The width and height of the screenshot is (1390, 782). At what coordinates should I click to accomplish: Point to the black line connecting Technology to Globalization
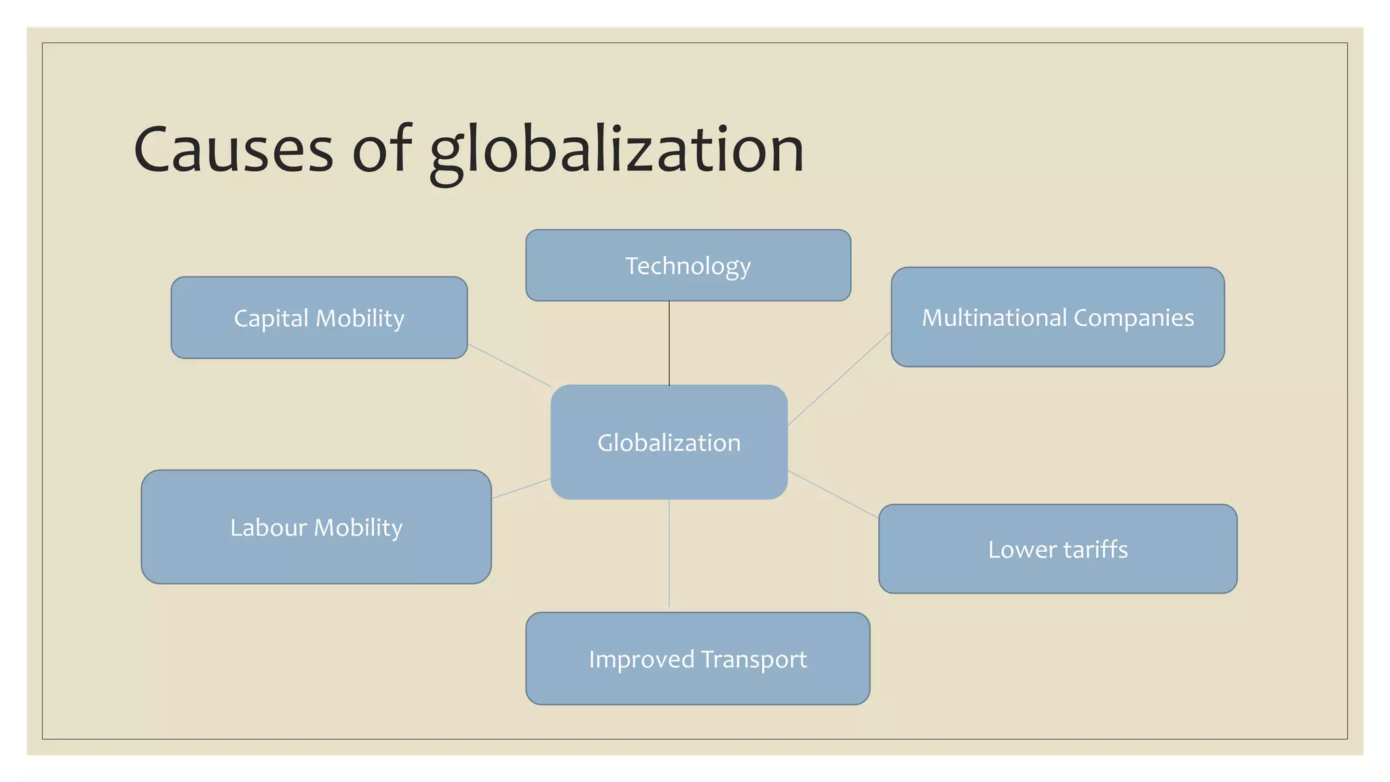[669, 343]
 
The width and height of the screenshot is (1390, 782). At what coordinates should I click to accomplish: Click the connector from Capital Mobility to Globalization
[509, 365]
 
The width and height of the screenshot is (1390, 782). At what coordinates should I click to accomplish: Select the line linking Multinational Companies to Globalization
[839, 378]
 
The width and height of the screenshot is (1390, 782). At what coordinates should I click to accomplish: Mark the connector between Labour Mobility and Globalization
[521, 489]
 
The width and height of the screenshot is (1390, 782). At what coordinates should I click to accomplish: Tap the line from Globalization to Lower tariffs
[833, 494]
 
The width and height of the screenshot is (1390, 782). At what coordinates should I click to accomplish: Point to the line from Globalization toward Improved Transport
[669, 553]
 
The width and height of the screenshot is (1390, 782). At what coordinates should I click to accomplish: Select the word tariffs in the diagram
[1095, 549]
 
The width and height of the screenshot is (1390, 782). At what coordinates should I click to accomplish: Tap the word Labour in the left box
[269, 527]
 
